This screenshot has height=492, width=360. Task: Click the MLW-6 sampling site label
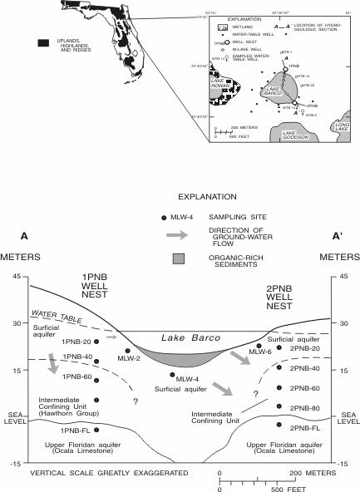(x=256, y=352)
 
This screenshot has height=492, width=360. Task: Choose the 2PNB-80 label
(x=305, y=407)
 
